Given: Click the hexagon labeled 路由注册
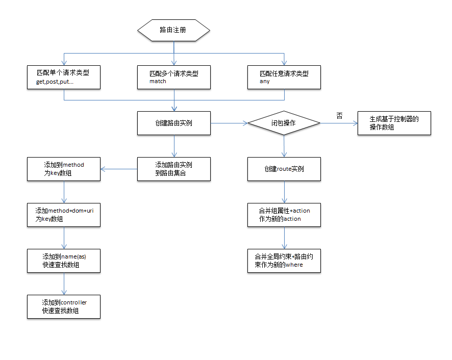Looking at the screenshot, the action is click(x=173, y=30).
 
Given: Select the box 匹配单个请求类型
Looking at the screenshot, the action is click(x=64, y=77).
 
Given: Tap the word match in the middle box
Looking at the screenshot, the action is click(x=158, y=81).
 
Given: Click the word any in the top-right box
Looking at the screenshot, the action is click(x=264, y=81).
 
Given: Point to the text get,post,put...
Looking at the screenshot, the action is click(x=55, y=82).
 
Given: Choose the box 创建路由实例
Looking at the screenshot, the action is click(x=174, y=123).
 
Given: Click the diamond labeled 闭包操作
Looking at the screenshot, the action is click(x=284, y=123).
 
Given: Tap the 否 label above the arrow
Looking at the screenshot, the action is click(x=340, y=116).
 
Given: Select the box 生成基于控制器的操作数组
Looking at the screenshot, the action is click(x=394, y=123).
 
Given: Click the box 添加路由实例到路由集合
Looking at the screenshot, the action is click(x=174, y=169).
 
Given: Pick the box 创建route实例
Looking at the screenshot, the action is click(x=284, y=169).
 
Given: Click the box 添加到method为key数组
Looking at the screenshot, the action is click(x=64, y=169).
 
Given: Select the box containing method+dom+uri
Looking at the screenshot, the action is click(x=64, y=215).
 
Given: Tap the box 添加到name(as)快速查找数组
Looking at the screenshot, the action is click(x=64, y=261).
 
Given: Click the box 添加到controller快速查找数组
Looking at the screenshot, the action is click(x=64, y=306).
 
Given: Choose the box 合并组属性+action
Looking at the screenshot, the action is click(x=284, y=215).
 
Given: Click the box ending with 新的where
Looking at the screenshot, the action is click(x=284, y=261).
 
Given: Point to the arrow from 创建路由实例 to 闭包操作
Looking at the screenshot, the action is click(x=229, y=123).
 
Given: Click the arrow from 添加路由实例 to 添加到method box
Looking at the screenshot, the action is click(x=119, y=169).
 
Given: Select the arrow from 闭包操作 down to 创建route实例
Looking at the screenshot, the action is click(x=284, y=146).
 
